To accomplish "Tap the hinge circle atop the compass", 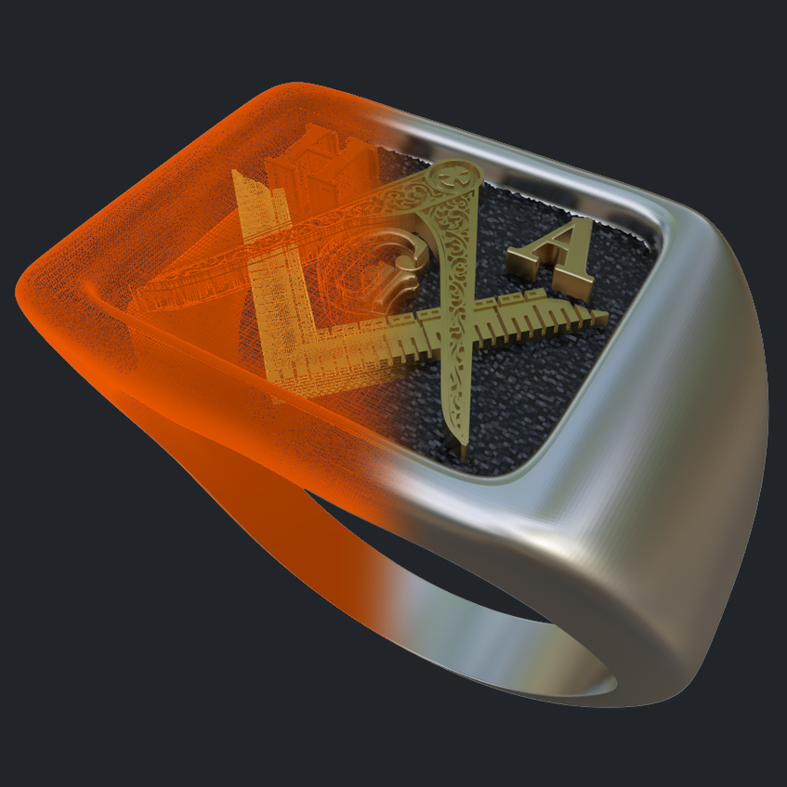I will click(453, 174).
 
